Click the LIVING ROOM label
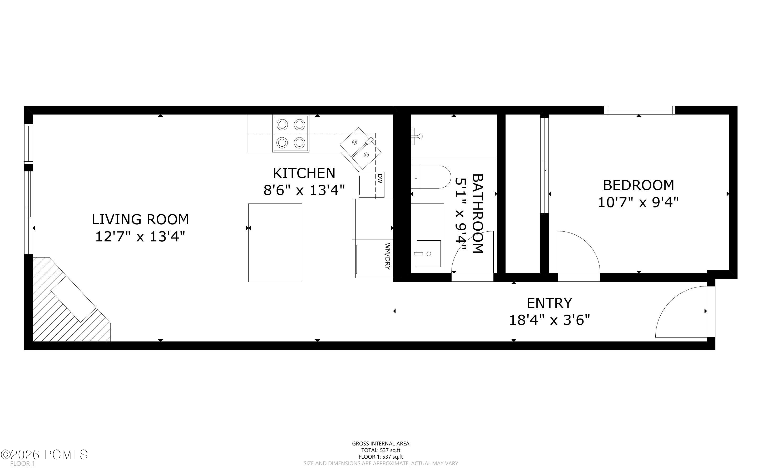[x=140, y=219]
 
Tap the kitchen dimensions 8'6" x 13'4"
[x=304, y=190]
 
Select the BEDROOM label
[x=638, y=185]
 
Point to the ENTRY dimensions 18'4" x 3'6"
[x=549, y=320]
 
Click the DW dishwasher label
[x=380, y=178]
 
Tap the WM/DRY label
[x=388, y=256]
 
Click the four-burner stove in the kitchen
[x=291, y=133]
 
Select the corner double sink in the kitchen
[x=361, y=148]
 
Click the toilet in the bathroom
[x=430, y=177]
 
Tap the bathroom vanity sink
[x=428, y=254]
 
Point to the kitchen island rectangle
[x=275, y=243]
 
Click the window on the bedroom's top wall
[x=639, y=110]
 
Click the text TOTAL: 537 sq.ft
[x=380, y=450]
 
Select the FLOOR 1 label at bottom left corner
[x=22, y=464]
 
